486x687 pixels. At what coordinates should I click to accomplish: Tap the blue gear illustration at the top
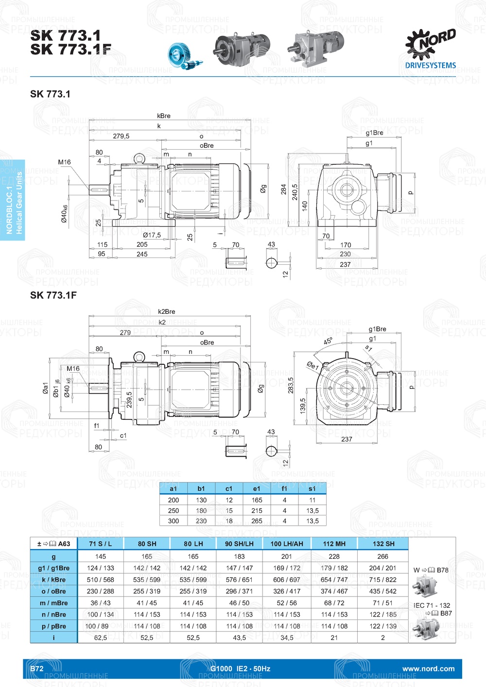(185, 56)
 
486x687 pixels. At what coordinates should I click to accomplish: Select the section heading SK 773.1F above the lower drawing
(53, 295)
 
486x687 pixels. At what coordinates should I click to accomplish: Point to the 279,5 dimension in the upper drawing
(121, 136)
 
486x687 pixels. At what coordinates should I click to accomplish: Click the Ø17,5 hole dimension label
(152, 235)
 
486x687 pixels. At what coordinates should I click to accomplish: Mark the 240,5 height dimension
(295, 192)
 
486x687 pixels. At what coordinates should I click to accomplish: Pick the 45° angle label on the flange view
(329, 341)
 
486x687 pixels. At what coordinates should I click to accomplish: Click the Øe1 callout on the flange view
(312, 365)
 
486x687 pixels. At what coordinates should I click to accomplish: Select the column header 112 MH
(334, 544)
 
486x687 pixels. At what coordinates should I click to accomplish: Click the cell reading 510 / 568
(101, 580)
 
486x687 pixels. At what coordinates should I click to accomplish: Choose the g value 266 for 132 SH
(383, 556)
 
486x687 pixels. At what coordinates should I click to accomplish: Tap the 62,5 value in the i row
(101, 637)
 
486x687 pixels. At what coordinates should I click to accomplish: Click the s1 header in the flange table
(312, 489)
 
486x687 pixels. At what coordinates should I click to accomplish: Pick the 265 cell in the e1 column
(257, 521)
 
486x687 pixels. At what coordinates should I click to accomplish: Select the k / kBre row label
(53, 580)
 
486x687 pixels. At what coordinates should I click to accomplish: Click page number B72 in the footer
(37, 669)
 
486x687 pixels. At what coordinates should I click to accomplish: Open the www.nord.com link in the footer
(428, 669)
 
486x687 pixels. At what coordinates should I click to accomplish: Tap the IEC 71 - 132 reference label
(432, 605)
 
